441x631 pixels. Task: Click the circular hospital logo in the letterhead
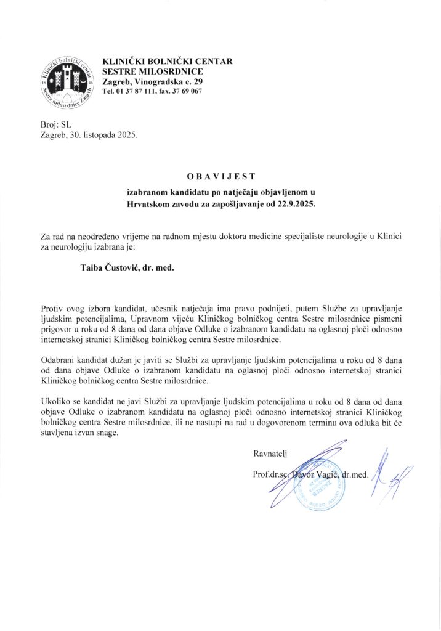click(66, 82)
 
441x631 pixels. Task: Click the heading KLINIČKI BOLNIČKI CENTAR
click(167, 62)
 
